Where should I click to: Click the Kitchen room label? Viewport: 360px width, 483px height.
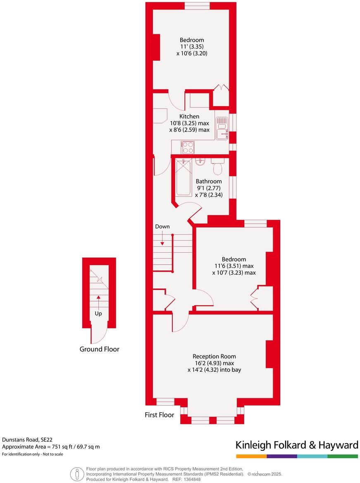189,117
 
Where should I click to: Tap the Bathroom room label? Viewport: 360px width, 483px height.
209,181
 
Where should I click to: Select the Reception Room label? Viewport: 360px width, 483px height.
214,356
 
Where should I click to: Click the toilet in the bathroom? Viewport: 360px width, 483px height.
217,167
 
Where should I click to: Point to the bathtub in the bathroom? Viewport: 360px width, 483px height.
184,178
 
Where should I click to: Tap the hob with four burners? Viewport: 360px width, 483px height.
188,147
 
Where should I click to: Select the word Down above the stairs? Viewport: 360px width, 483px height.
162,227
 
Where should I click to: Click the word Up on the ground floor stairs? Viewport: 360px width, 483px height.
98,313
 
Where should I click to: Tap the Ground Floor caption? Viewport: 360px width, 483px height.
99,349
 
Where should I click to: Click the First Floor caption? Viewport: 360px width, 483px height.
159,414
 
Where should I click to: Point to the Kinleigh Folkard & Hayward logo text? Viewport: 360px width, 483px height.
297,445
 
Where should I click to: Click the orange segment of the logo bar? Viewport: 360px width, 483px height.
251,456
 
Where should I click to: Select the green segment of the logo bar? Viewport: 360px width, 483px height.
343,456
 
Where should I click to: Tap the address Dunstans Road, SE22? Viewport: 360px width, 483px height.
27,440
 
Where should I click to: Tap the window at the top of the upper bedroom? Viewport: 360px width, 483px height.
196,5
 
